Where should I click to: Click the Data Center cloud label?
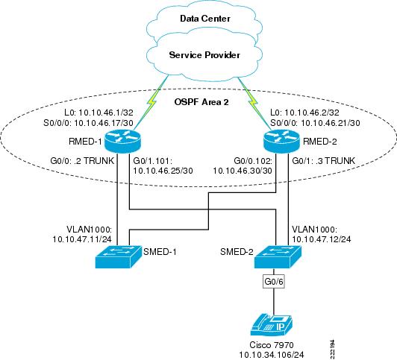tap(205, 19)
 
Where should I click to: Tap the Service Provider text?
tap(204, 55)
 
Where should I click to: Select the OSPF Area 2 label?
tap(201, 102)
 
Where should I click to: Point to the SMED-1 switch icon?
tap(118, 256)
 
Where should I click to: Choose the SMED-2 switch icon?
tap(278, 256)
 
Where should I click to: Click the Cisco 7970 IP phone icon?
tap(272, 326)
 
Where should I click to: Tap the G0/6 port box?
tap(274, 281)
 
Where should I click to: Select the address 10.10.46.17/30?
tap(104, 123)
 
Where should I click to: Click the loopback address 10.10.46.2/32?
tap(312, 113)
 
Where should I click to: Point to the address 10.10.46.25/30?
tap(163, 171)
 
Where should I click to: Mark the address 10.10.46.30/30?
tap(243, 171)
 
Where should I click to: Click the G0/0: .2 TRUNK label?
tap(82, 160)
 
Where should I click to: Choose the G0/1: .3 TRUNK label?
tap(324, 160)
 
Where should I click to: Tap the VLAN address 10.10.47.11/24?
tap(82, 239)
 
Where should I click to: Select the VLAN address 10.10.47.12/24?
tap(322, 239)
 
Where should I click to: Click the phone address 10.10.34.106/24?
tap(272, 355)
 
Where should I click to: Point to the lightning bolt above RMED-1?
tap(152, 103)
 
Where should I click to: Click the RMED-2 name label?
tap(320, 142)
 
